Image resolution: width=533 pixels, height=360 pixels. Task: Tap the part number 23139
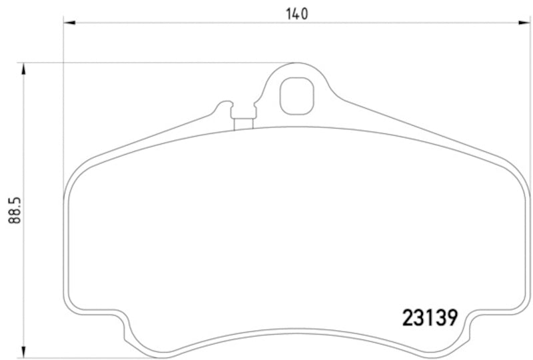(x=430, y=317)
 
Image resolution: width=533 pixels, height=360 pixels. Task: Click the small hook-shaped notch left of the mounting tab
(x=225, y=107)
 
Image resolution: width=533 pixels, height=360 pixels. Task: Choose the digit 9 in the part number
(x=450, y=317)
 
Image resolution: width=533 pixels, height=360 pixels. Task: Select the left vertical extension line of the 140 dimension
(x=64, y=100)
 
